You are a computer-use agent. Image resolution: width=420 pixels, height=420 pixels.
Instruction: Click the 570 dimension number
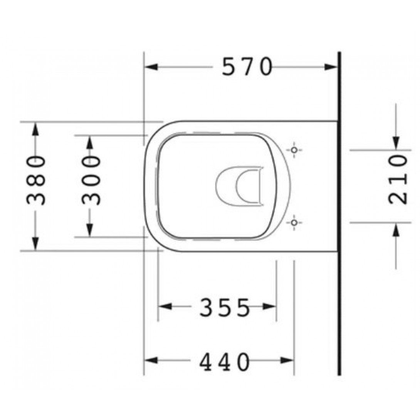click(x=247, y=67)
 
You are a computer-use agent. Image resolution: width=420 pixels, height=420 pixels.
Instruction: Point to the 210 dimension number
click(x=398, y=180)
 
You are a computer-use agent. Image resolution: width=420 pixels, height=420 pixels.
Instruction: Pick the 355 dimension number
click(x=225, y=307)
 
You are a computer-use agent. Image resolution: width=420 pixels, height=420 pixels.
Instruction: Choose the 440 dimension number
click(x=225, y=361)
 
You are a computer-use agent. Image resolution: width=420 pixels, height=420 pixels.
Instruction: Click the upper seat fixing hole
click(x=294, y=150)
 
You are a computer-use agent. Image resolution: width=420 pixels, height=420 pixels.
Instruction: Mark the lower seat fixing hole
click(x=294, y=222)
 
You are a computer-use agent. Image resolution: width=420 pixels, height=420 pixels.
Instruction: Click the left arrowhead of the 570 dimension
click(x=151, y=67)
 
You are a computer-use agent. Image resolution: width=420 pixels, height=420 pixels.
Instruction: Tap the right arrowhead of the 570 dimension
click(x=331, y=67)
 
